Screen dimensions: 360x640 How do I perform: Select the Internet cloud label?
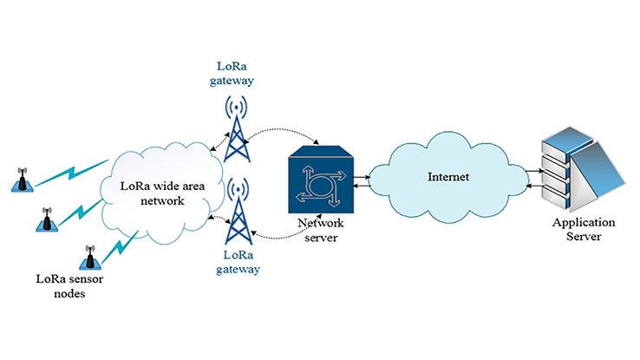coord(447,177)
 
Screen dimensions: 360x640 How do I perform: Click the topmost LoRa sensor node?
coord(22,180)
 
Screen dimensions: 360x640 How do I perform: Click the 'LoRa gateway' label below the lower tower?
coord(235,262)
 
